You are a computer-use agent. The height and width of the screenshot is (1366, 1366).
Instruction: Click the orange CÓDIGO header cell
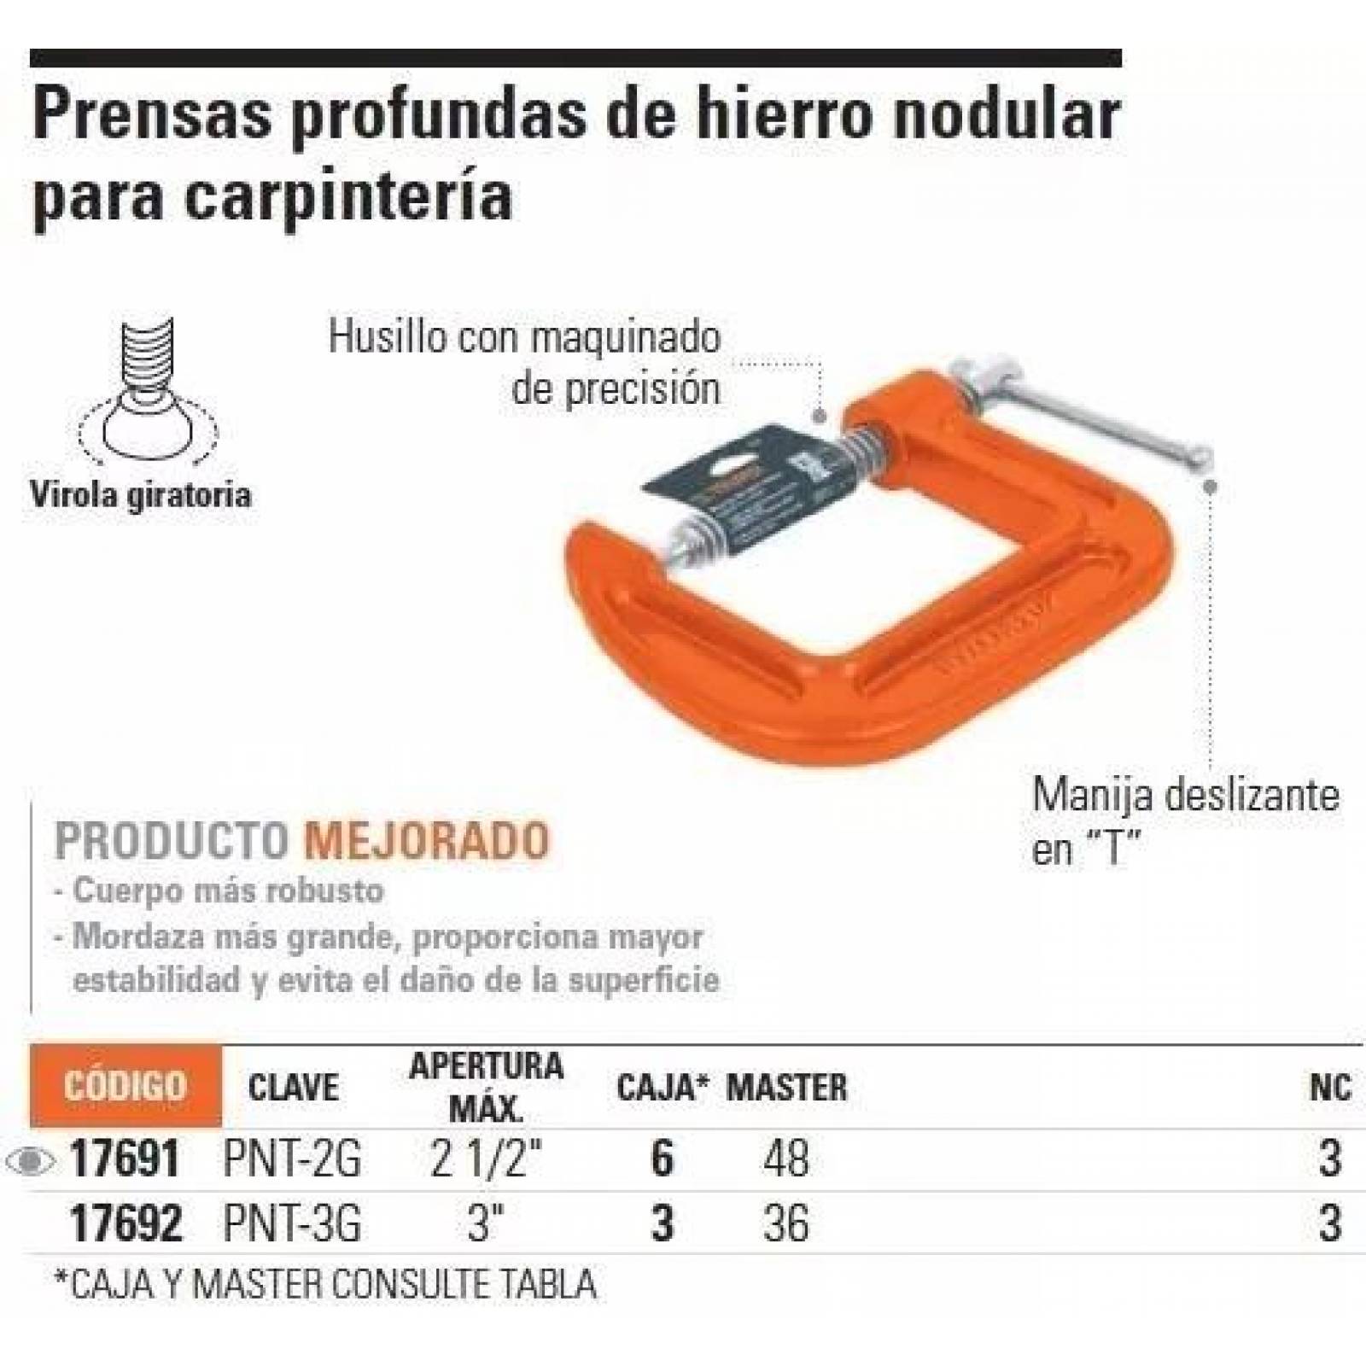[x=125, y=1086]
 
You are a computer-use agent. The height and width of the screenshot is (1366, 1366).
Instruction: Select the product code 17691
[x=125, y=1160]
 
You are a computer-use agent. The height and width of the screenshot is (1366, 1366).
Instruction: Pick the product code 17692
[x=125, y=1223]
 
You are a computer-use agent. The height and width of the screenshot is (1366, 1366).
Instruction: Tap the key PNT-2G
[x=292, y=1160]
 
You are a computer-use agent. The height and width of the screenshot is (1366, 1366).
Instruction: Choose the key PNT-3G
[x=292, y=1223]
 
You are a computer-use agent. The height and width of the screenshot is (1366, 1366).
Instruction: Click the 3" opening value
[x=482, y=1223]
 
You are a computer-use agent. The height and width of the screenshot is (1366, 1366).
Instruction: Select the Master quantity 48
[x=786, y=1160]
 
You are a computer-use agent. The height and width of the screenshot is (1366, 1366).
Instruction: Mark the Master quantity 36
[x=786, y=1223]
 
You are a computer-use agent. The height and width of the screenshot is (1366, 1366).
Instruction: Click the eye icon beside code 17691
[x=30, y=1162]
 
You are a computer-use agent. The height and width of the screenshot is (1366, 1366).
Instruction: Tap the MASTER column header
[x=786, y=1088]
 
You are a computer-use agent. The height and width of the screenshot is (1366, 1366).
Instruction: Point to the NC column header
[x=1330, y=1088]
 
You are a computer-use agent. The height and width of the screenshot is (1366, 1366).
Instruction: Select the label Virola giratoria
[x=141, y=495]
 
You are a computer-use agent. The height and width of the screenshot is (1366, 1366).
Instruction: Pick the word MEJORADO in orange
[x=427, y=840]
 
